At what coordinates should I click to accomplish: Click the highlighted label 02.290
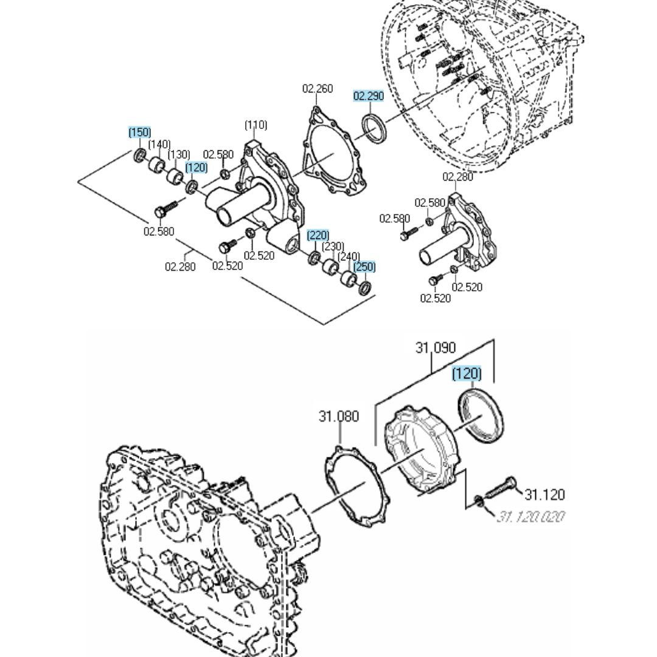click(x=369, y=96)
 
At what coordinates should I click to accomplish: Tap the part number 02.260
click(x=318, y=89)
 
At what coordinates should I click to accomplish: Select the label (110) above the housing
click(x=255, y=125)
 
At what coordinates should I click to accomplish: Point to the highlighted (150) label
click(x=139, y=132)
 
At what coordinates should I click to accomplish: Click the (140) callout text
click(x=159, y=144)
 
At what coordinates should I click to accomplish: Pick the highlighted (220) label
click(x=318, y=235)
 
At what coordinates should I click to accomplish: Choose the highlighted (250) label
click(x=364, y=266)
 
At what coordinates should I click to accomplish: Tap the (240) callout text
click(x=349, y=257)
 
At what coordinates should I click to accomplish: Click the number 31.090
click(x=436, y=348)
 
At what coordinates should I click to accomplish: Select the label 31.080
click(x=339, y=417)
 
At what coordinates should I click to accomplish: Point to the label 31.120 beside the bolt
click(x=544, y=494)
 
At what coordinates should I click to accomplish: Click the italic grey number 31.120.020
click(x=530, y=517)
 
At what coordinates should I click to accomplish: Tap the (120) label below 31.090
click(x=467, y=373)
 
